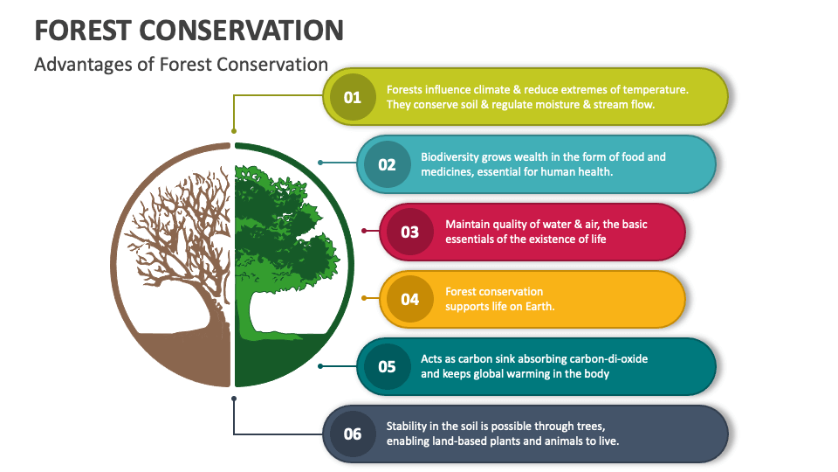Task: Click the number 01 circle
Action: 352,97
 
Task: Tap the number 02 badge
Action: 387,164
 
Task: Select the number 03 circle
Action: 410,232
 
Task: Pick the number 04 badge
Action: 410,299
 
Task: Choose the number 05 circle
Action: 387,366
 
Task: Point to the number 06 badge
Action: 352,434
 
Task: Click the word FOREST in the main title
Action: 83,31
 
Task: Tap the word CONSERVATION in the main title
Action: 242,31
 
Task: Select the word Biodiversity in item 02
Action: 450,157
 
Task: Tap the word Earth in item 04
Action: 540,306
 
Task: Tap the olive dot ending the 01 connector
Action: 234,130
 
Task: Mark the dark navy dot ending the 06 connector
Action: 234,399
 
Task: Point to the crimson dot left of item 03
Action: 364,231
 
